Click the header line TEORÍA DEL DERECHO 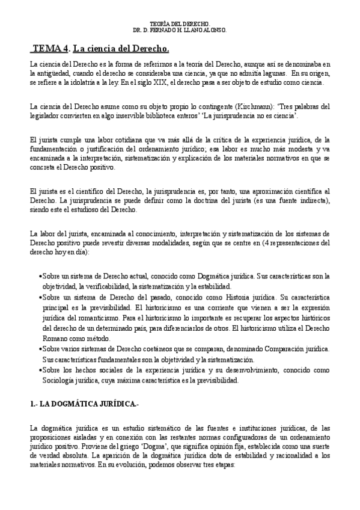pyautogui.click(x=180, y=23)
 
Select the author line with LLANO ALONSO pyautogui.click(x=180, y=29)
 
